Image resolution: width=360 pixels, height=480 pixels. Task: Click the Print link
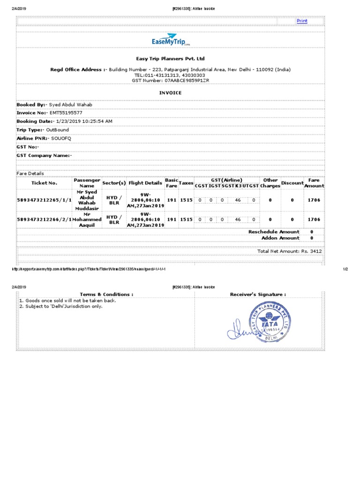tap(302, 21)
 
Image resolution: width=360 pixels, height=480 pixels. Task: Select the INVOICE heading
tap(170, 93)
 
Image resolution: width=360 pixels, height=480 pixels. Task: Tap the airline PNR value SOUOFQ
tap(61, 138)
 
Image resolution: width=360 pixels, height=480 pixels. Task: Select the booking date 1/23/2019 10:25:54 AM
tap(85, 121)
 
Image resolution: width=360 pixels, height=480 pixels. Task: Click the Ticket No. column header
tap(44, 183)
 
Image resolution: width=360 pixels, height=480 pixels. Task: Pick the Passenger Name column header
tap(87, 183)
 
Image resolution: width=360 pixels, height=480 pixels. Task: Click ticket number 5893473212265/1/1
tap(44, 200)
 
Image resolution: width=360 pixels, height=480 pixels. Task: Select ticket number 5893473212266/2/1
tap(44, 219)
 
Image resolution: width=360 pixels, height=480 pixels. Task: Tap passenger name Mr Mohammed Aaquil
tap(87, 219)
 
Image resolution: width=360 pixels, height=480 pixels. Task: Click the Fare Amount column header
tap(314, 183)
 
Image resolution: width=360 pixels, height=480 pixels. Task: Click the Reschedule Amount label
tap(274, 232)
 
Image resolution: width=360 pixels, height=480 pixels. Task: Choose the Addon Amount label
tap(280, 238)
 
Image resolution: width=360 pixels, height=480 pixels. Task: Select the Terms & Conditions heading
tap(106, 294)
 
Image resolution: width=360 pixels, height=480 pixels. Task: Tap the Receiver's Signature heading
tap(258, 294)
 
